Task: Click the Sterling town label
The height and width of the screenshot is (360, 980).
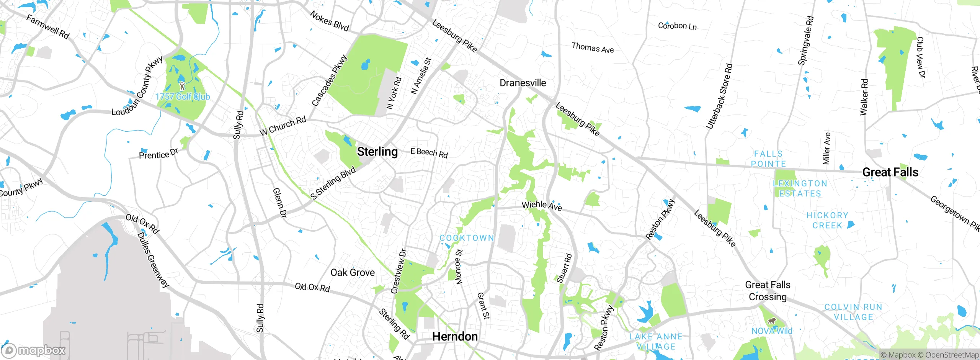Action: click(377, 152)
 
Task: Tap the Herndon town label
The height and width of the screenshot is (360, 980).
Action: click(455, 336)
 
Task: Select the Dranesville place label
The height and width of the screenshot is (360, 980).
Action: click(523, 83)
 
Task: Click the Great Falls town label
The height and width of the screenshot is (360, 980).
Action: click(890, 172)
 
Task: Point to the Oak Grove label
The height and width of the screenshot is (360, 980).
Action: click(353, 272)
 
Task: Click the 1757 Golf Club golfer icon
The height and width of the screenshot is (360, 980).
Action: click(182, 86)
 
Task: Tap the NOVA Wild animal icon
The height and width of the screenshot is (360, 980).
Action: click(771, 321)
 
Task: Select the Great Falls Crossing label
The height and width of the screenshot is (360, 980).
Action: click(768, 291)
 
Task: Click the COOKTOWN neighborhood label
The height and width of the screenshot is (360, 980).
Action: click(467, 238)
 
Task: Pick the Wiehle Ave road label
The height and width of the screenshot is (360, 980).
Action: click(542, 206)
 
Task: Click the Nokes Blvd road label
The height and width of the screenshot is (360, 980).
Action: click(329, 21)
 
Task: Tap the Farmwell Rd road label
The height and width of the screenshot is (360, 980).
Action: click(48, 26)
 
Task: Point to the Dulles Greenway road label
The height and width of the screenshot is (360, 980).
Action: click(153, 259)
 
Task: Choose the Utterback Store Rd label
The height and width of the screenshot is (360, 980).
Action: click(719, 96)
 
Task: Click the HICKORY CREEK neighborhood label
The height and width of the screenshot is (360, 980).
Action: click(827, 220)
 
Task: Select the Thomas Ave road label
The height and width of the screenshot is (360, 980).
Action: click(593, 48)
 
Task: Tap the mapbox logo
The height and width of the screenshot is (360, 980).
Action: click(34, 350)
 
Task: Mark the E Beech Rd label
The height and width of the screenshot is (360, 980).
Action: click(429, 152)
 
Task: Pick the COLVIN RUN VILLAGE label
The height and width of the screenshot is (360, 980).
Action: click(853, 312)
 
